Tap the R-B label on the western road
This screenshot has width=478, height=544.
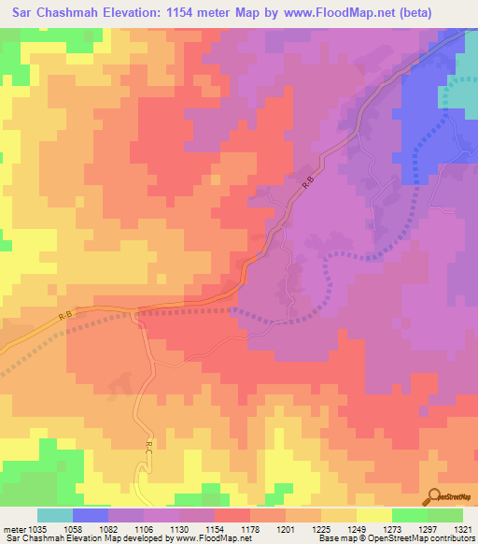click(x=64, y=318)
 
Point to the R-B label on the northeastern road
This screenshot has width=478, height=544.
click(x=308, y=186)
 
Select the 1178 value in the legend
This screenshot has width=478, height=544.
click(x=225, y=528)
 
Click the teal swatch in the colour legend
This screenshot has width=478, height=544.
click(x=55, y=515)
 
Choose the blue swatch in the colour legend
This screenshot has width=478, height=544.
click(x=91, y=515)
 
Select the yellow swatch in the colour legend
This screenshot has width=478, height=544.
click(x=373, y=515)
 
